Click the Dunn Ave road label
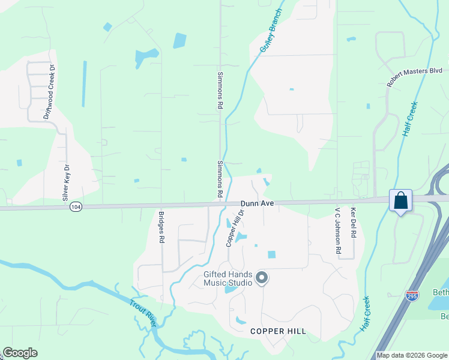258,204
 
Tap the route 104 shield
74,206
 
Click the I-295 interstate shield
412,296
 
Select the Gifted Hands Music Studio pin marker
261,277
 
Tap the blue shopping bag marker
400,200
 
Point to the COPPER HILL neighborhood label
278,331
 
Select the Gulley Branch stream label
271,31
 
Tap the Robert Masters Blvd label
415,78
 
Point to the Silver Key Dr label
66,182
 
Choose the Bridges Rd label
161,227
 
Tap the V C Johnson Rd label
338,232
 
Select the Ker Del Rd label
354,223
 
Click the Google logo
20,353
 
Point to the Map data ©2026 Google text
412,355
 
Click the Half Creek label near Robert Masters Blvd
410,119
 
